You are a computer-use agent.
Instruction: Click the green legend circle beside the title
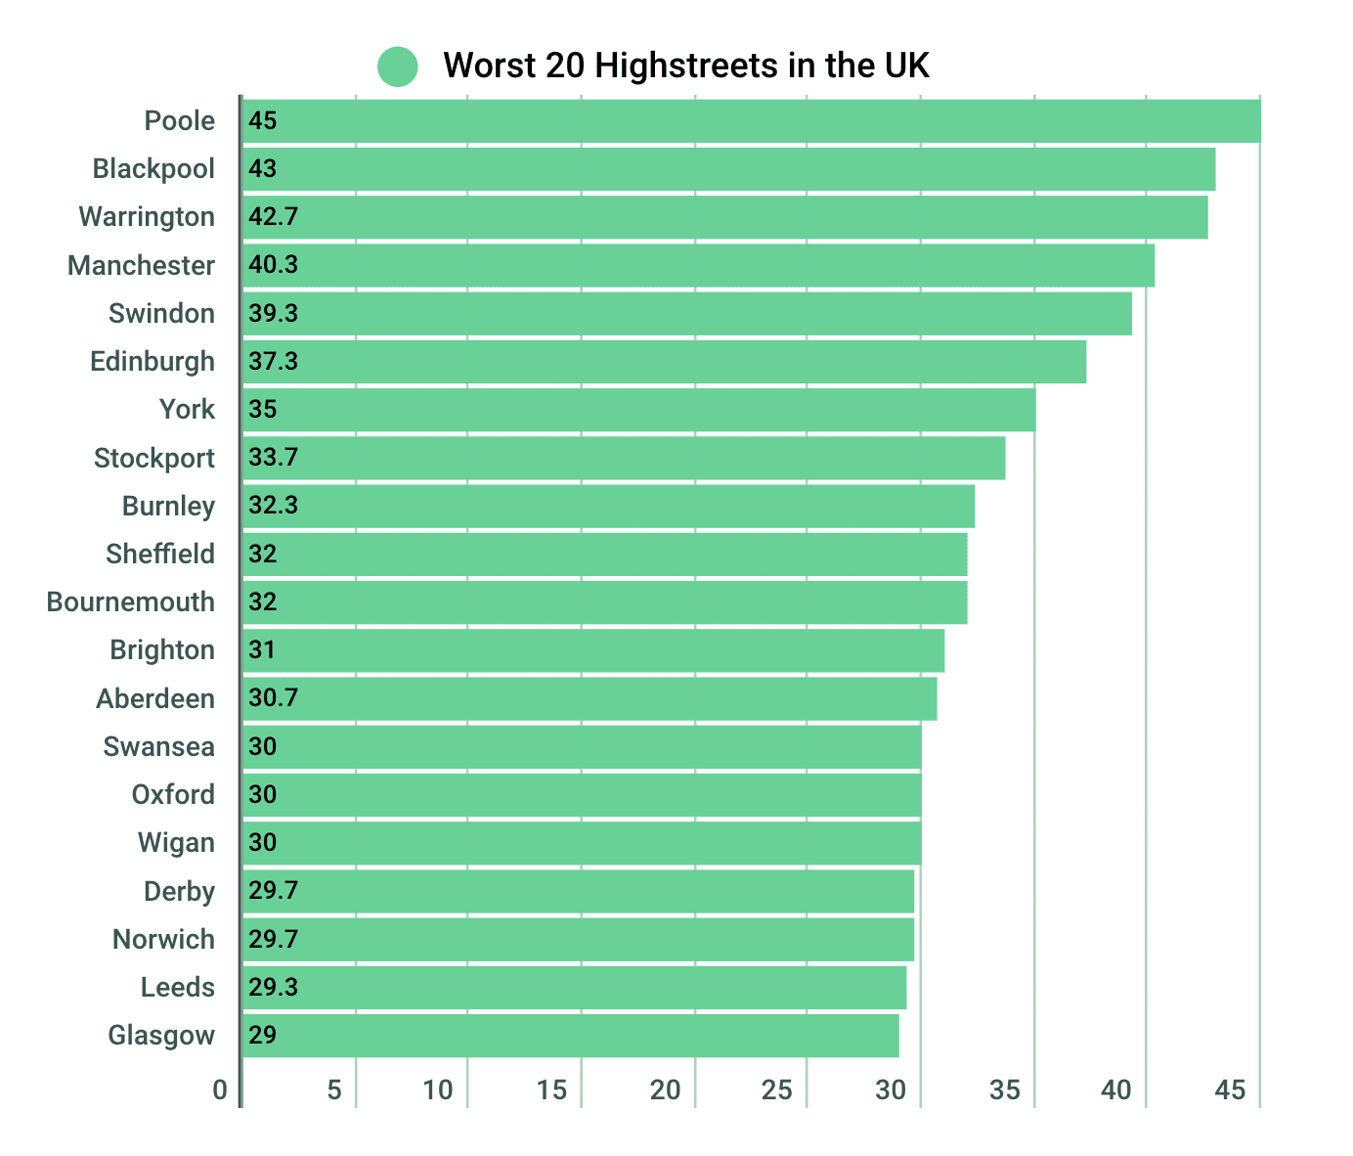(x=397, y=67)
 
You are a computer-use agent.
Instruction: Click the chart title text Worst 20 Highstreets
(x=685, y=66)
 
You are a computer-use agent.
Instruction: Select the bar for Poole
(x=751, y=121)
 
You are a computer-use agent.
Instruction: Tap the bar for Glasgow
(x=570, y=1036)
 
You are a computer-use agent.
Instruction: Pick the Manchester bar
(x=698, y=265)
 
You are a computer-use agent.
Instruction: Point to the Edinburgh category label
(x=153, y=362)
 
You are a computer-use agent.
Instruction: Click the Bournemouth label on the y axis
(x=131, y=602)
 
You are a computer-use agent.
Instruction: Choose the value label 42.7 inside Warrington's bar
(x=273, y=217)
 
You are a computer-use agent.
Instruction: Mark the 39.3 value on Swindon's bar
(x=273, y=314)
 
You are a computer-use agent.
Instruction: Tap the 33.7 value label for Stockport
(x=273, y=458)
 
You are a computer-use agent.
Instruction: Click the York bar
(x=638, y=410)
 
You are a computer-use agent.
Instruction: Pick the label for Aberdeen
(x=155, y=699)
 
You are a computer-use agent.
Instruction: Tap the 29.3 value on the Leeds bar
(x=273, y=988)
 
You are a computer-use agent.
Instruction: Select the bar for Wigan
(x=582, y=843)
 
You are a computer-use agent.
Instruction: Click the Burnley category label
(x=168, y=507)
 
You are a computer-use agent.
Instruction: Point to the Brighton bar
(x=593, y=650)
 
